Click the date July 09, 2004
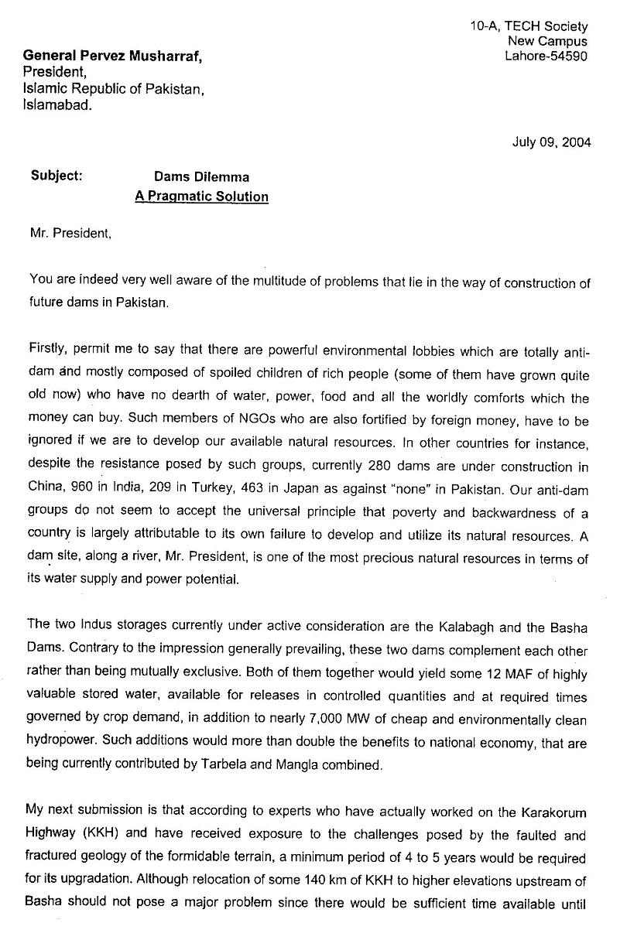coord(551,142)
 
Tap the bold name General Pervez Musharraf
coord(116,56)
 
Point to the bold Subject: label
coord(57,176)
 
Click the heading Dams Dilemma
coord(201,177)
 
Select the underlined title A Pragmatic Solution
coord(201,197)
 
